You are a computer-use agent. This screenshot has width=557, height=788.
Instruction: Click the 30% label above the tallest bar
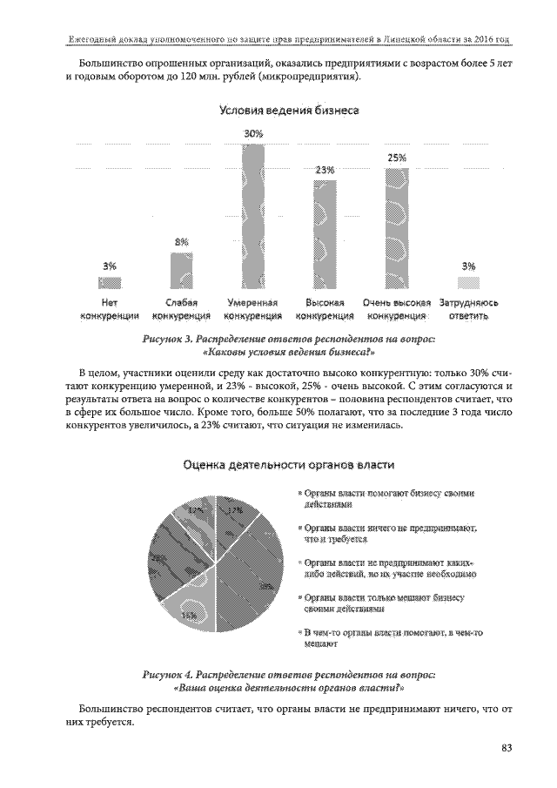(253, 134)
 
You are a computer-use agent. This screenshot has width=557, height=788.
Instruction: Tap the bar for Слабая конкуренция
(182, 270)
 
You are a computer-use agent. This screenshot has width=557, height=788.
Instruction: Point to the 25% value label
(397, 158)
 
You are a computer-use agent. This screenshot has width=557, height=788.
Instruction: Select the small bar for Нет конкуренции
(111, 282)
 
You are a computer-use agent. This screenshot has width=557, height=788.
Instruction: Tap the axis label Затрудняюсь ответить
(468, 308)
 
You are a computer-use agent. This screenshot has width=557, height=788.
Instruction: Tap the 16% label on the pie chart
(189, 616)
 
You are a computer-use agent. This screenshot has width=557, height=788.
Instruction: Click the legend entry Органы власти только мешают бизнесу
(383, 603)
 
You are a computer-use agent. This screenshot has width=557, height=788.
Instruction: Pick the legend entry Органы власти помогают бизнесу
(383, 498)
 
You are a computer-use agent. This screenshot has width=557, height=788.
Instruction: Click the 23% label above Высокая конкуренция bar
(325, 170)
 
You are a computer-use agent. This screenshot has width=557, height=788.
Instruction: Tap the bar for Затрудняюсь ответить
(468, 282)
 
